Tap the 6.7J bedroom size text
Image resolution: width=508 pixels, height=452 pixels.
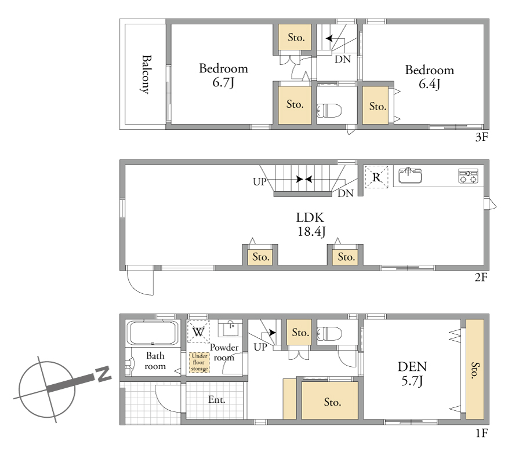223,82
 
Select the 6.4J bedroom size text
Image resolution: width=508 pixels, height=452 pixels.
429,84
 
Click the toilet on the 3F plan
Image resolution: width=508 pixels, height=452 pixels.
329,111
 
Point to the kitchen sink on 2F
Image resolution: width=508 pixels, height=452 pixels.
410,175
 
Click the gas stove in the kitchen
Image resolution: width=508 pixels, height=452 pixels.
468,176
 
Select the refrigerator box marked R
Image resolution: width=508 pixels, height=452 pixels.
376,177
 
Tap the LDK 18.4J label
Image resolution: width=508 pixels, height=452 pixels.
311,224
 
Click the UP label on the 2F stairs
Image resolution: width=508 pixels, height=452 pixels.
259,182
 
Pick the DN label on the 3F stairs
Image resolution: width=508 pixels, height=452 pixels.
343,59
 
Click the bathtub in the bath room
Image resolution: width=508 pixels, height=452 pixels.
153,333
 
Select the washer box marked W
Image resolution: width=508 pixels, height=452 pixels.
198,331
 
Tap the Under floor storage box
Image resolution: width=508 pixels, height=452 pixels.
199,362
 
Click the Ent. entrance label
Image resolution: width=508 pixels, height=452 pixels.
216,399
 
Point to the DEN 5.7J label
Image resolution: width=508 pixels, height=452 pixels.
412,374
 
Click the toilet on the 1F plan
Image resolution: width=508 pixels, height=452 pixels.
329,334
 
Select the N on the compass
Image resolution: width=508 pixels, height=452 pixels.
103,374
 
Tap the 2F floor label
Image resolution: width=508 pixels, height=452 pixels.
481,277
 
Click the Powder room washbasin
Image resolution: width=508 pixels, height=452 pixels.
230,328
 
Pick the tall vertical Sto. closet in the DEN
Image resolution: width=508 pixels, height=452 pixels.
475,370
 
